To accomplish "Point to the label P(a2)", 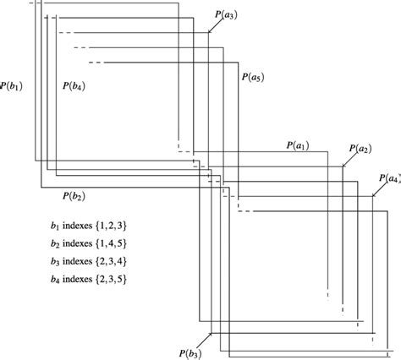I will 359,149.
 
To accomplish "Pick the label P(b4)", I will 74,85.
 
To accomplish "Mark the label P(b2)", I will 74,196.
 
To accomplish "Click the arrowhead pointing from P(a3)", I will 209,33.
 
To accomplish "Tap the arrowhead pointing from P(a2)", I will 343,166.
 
